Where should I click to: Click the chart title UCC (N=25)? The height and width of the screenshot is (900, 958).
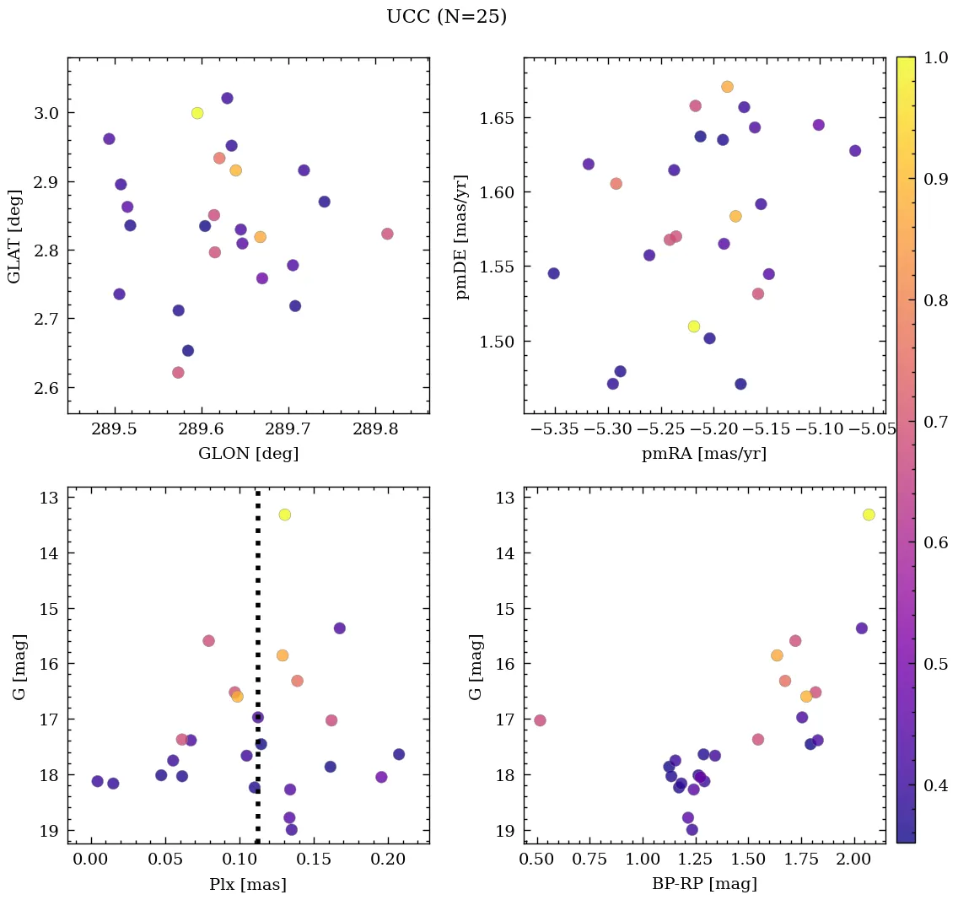(446, 17)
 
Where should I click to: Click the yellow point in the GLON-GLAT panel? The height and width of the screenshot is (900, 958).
(197, 113)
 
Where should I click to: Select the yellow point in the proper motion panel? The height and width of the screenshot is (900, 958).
(694, 326)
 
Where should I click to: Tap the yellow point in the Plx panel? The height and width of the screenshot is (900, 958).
(285, 515)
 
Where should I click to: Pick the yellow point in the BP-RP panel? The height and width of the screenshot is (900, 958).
(869, 515)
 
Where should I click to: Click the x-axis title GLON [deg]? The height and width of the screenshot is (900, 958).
(248, 454)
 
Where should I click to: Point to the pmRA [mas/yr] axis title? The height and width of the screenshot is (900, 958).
(704, 454)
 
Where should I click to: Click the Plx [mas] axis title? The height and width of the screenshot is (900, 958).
(248, 884)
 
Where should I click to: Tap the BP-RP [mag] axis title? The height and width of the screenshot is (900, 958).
(704, 884)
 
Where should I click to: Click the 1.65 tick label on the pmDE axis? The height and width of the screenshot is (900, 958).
(497, 117)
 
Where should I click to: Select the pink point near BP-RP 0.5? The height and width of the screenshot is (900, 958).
(540, 720)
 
